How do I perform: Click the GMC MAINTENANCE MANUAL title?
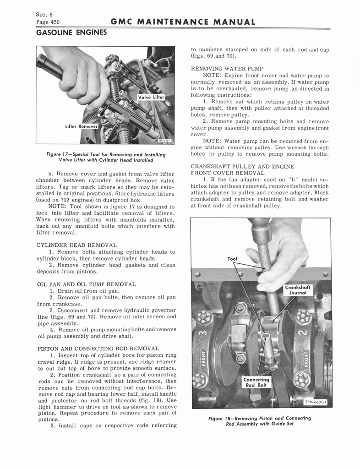coord(182,22)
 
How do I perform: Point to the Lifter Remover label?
coord(82,125)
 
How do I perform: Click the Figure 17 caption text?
coord(106,158)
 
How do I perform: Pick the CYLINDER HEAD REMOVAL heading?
coord(76,245)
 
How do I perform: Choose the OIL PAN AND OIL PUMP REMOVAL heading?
coord(86,284)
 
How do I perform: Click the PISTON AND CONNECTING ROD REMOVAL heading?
coord(98,349)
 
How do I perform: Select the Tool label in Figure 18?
coord(232,259)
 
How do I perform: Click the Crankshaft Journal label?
coord(298,291)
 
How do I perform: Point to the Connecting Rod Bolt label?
coord(256,382)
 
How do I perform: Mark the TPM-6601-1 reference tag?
coord(317,402)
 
